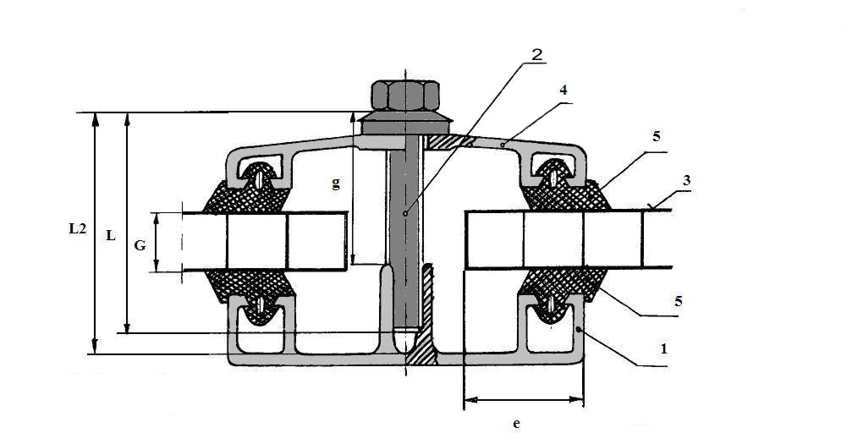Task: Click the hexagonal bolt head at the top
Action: tap(405, 95)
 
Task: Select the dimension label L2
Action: tap(77, 229)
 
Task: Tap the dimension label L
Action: tap(111, 236)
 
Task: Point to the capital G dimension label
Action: tap(140, 245)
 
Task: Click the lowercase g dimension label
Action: tap(337, 184)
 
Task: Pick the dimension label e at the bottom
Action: tap(516, 424)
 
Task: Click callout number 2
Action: tap(536, 54)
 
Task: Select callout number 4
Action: tap(563, 90)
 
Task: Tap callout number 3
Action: tap(686, 180)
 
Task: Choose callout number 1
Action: tap(663, 349)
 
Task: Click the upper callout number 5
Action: tap(657, 136)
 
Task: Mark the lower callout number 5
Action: tap(678, 300)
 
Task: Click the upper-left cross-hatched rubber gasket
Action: tap(247, 193)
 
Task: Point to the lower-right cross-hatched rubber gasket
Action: tap(563, 288)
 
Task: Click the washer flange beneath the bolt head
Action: tap(405, 123)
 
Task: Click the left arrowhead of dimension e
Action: tap(470, 400)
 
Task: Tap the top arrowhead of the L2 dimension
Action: tap(96, 119)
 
